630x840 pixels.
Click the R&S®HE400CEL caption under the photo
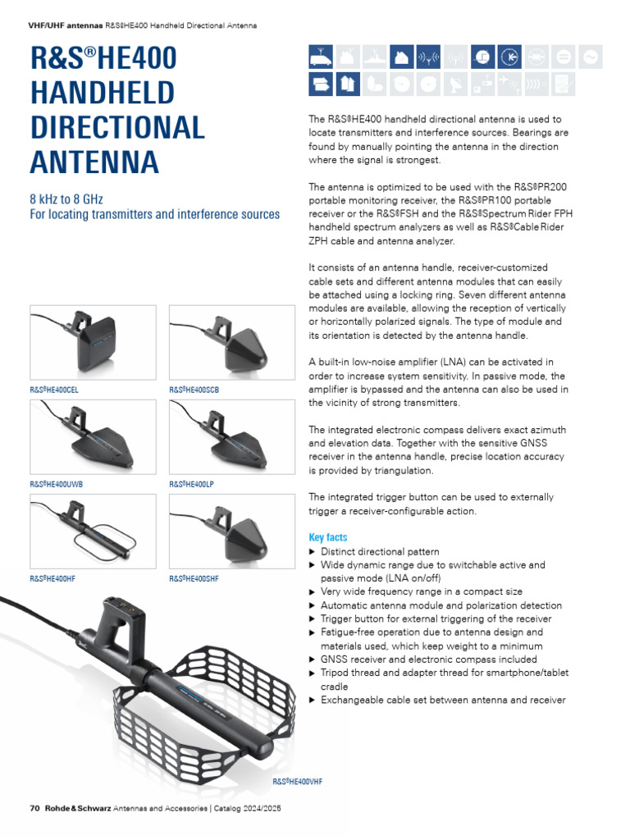(x=54, y=390)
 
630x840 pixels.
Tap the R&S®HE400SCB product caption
(x=194, y=390)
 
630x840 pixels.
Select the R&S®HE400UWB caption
(x=56, y=484)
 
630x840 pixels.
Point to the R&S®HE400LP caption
(x=191, y=484)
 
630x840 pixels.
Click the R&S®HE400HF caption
(x=52, y=578)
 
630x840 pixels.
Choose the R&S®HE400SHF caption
(x=194, y=578)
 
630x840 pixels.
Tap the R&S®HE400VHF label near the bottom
(x=297, y=782)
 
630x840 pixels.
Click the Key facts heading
(x=327, y=537)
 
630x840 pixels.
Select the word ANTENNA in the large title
(x=94, y=162)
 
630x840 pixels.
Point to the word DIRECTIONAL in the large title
(x=117, y=127)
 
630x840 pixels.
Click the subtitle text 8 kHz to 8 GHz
(x=67, y=199)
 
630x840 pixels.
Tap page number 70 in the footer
(x=35, y=808)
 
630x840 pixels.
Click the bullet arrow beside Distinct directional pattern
(x=312, y=552)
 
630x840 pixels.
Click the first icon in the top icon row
(x=320, y=57)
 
